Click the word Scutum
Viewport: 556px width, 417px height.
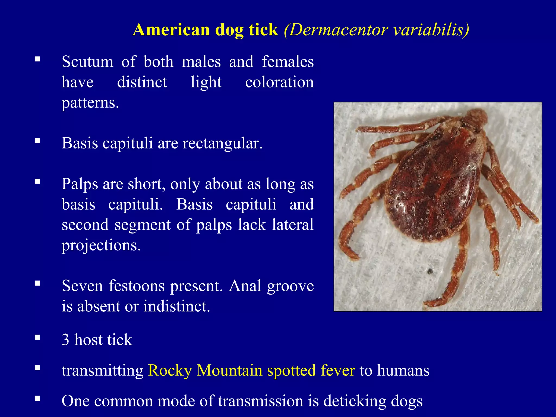pyautogui.click(x=87, y=61)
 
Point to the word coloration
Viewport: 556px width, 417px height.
pyautogui.click(x=279, y=82)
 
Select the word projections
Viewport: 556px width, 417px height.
pyautogui.click(x=101, y=245)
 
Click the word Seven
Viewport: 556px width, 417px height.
pyautogui.click(x=83, y=286)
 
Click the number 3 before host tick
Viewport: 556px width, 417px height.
pyautogui.click(x=65, y=340)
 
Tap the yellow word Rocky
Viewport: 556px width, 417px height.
pyautogui.click(x=170, y=370)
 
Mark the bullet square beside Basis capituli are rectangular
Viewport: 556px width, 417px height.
pyautogui.click(x=37, y=141)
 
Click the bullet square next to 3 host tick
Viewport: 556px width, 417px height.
pyautogui.click(x=37, y=337)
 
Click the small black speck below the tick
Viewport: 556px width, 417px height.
pyautogui.click(x=430, y=271)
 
